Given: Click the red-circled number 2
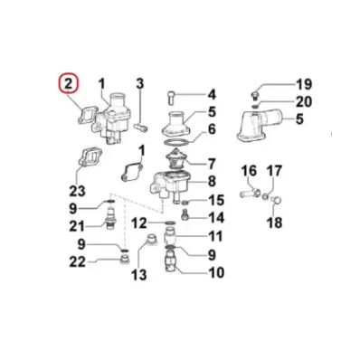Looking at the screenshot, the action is [x=69, y=83].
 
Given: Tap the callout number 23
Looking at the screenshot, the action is [x=77, y=191].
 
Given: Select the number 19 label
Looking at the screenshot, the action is [x=303, y=84].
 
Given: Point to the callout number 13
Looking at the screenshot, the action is [x=138, y=274].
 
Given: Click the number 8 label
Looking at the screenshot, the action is [x=212, y=181].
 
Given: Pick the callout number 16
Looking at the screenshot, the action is [x=249, y=171].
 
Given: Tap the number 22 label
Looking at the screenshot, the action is [x=78, y=262].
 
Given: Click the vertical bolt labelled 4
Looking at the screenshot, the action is [x=171, y=98].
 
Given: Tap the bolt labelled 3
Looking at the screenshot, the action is [x=141, y=128].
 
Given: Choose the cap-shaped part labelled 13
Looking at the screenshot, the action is [x=152, y=239].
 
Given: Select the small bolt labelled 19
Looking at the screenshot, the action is [x=255, y=96].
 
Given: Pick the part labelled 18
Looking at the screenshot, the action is [x=276, y=200].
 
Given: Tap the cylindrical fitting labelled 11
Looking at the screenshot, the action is [x=170, y=236].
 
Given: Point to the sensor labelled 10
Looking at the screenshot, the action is [x=171, y=261].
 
